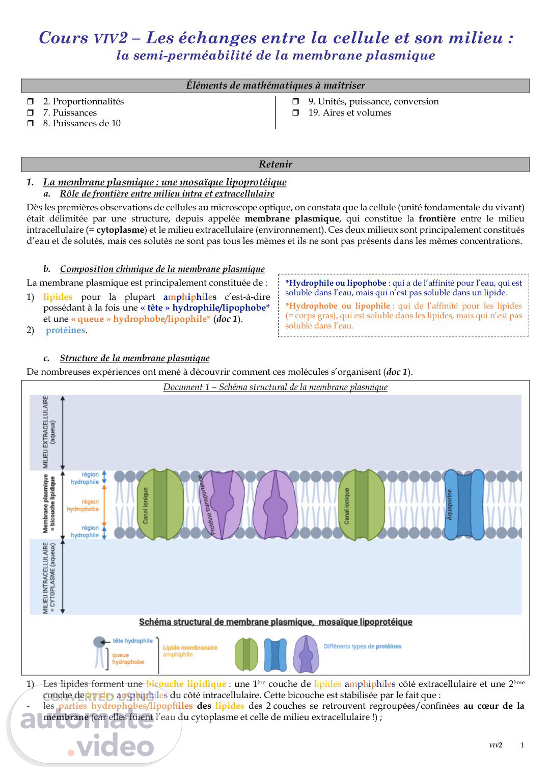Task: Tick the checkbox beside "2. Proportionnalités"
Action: point(31,102)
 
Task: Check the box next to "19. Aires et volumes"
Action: point(296,113)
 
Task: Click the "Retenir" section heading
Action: point(276,164)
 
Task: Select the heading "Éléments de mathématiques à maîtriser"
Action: point(276,86)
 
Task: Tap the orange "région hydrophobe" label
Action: point(84,506)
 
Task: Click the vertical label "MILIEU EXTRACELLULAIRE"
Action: point(49,432)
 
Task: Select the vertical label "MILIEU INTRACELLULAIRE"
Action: point(49,577)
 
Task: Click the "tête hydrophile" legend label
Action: point(132,641)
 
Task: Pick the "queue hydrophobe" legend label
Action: point(128,658)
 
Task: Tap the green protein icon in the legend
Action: point(246,654)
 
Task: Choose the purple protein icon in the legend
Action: point(306,654)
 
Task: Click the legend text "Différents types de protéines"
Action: point(362,646)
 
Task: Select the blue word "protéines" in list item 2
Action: point(65,330)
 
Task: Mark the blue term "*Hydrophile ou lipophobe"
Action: point(335,283)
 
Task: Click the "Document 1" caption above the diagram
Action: point(275,387)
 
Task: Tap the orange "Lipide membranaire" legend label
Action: point(190,648)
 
